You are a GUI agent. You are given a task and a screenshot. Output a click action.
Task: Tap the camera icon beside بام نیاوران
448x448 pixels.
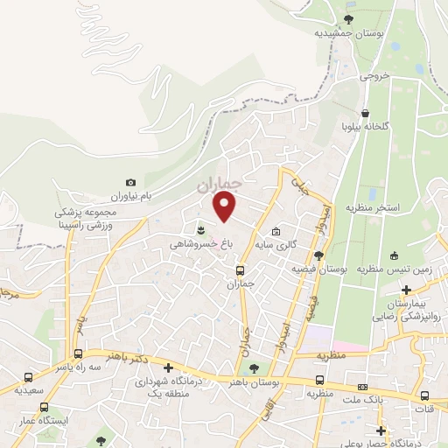click(x=131, y=182)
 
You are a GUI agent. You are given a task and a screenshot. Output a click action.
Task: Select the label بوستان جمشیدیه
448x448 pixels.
click(x=348, y=32)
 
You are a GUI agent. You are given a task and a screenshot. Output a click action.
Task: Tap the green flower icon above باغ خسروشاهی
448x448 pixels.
click(x=202, y=229)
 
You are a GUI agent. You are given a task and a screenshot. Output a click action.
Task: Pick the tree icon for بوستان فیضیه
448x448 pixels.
click(x=318, y=255)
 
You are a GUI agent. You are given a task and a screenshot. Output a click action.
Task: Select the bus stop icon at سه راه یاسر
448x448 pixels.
click(x=79, y=354)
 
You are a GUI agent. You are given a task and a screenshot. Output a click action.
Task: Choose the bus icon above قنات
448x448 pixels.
click(x=424, y=395)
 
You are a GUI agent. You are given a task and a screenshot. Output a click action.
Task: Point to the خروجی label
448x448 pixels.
click(x=371, y=76)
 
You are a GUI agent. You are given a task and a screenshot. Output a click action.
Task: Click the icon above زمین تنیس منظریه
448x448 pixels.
click(x=395, y=256)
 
